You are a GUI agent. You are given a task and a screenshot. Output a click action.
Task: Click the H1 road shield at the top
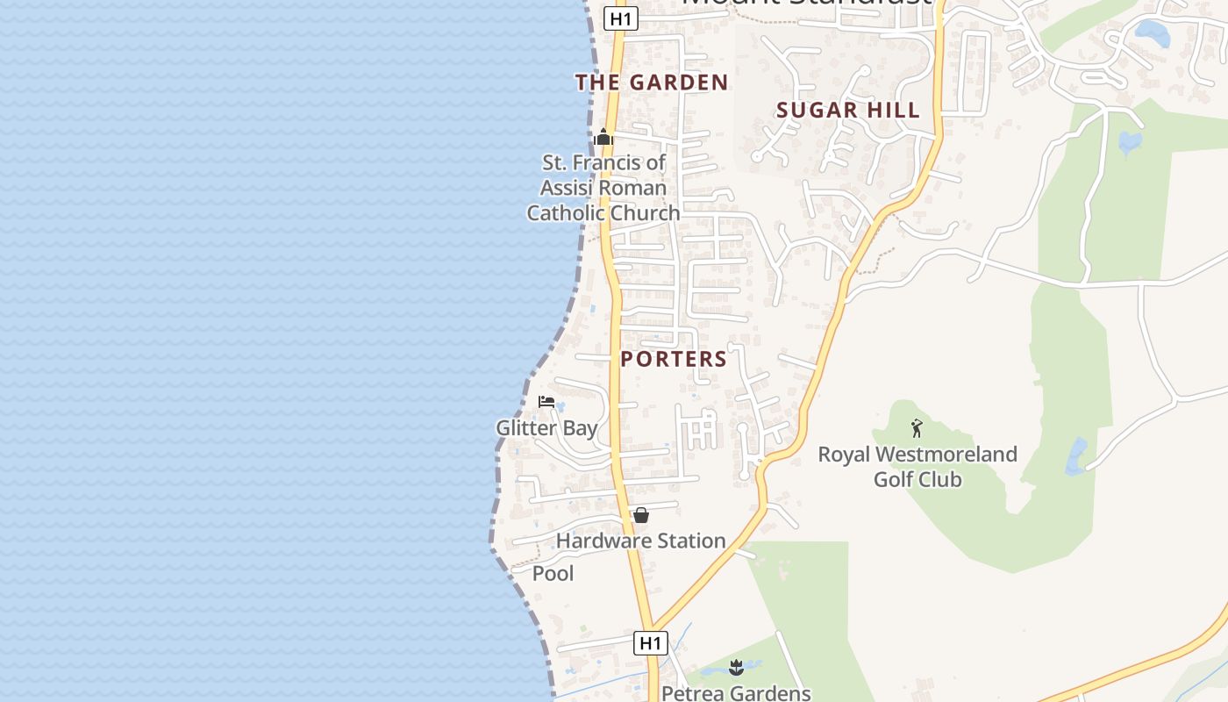point(620,18)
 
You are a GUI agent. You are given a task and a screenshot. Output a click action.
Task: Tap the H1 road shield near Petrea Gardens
point(650,643)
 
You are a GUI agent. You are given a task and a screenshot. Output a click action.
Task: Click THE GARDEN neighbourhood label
point(652,82)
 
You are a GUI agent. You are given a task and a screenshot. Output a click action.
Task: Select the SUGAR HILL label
point(848,110)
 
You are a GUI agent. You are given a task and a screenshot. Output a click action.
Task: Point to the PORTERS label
point(674,359)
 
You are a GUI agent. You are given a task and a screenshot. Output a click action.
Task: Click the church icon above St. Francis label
point(603,137)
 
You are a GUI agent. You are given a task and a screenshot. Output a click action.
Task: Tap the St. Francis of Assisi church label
point(603,188)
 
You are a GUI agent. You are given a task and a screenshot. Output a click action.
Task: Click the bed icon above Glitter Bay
point(546,402)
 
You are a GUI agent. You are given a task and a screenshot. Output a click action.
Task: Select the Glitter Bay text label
point(546,428)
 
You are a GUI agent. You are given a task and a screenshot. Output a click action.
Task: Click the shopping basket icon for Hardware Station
point(641,515)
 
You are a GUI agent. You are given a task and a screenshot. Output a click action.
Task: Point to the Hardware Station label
point(640,541)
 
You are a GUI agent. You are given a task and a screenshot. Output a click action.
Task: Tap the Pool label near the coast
point(553,573)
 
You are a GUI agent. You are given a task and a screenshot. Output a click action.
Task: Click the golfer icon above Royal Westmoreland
point(917,428)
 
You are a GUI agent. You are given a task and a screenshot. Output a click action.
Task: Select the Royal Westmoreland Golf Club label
point(917,467)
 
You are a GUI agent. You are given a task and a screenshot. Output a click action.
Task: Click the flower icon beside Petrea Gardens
point(736,668)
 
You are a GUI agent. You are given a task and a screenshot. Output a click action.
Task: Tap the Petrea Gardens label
point(736,693)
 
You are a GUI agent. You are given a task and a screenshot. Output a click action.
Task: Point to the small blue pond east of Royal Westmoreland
point(1075,457)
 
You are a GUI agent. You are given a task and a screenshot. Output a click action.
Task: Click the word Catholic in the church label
point(565,213)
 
